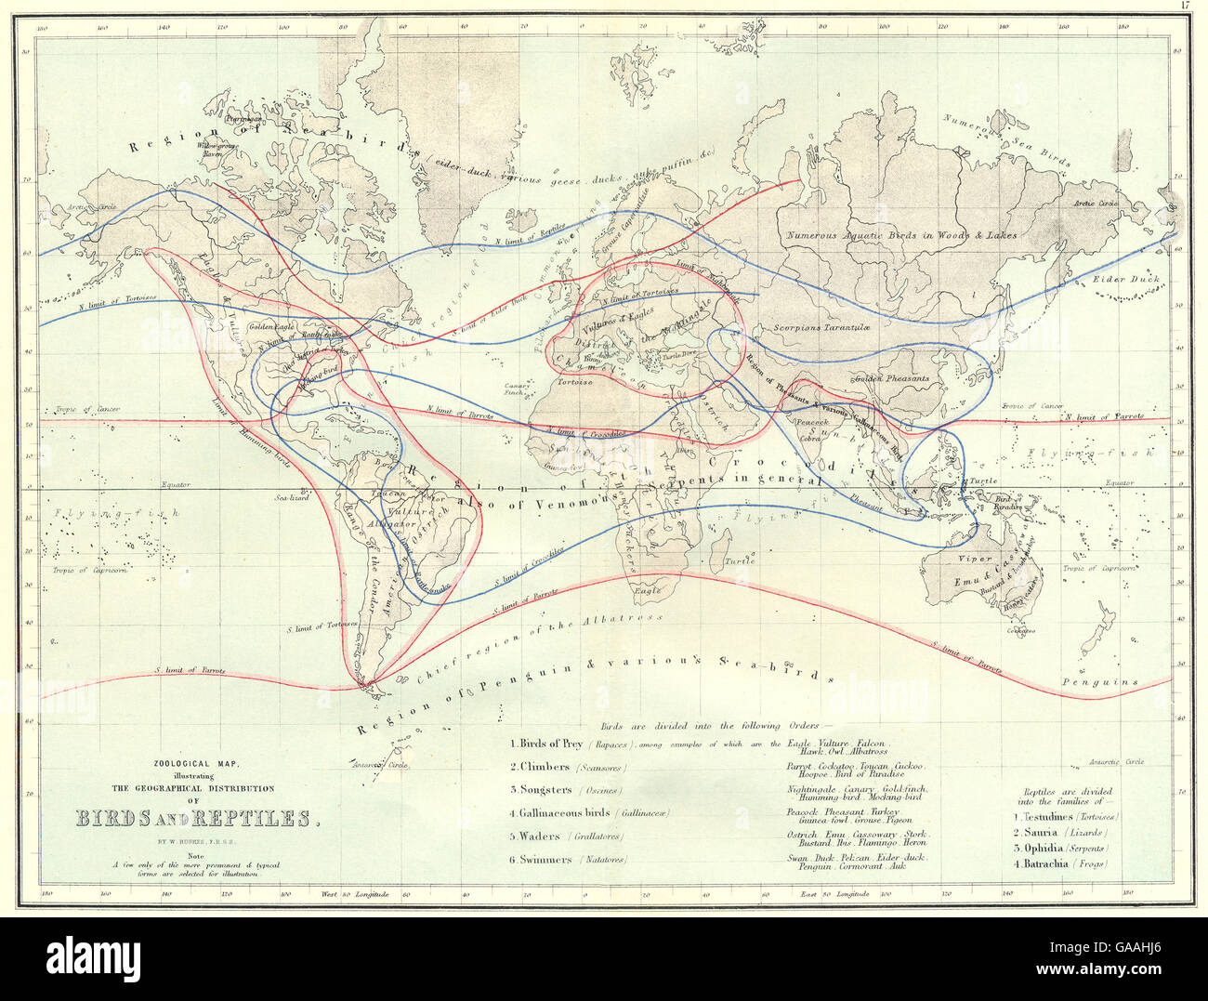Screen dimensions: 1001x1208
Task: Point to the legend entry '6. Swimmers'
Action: point(541,860)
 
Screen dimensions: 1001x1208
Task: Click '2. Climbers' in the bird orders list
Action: point(540,768)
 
